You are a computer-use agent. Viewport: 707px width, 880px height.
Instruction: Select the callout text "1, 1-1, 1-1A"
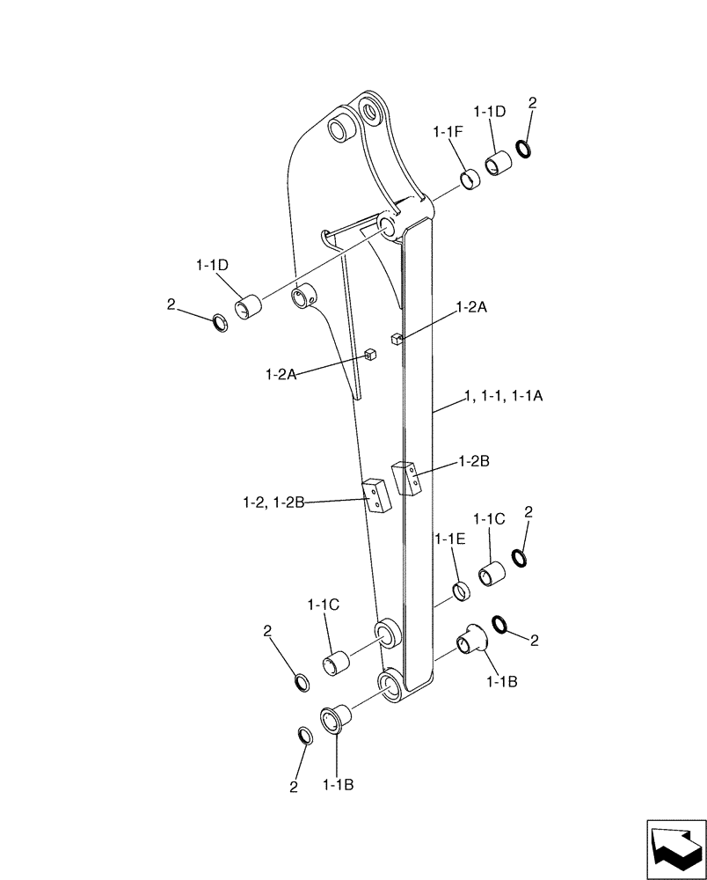tap(504, 397)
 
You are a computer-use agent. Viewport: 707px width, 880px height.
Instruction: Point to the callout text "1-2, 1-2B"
tap(273, 502)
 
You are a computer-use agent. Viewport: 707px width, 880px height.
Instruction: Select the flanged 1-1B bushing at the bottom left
tap(335, 719)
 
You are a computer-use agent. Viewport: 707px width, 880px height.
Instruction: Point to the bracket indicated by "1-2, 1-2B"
tap(375, 495)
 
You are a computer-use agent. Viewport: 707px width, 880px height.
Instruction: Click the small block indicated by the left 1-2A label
tap(370, 355)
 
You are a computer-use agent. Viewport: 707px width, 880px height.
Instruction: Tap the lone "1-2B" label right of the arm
tap(475, 460)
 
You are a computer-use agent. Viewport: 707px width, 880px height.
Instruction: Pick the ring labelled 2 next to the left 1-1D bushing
tap(222, 322)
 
